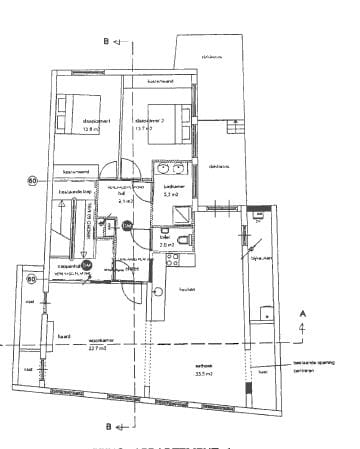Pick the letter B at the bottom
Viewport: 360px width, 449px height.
[x=106, y=425]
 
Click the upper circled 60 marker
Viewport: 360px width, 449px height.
[x=32, y=181]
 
